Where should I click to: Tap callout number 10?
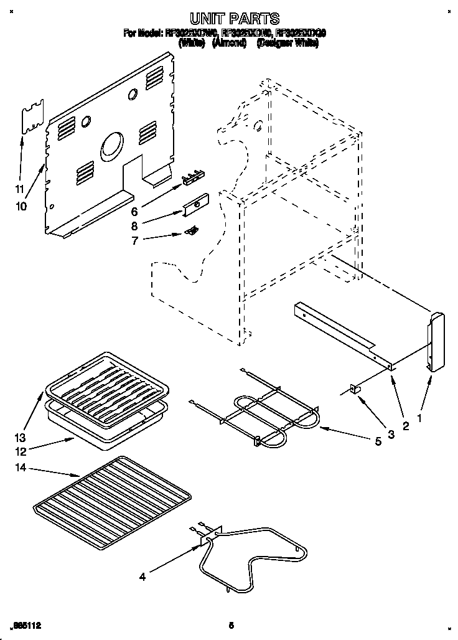tap(21, 206)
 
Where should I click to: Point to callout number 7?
tap(136, 240)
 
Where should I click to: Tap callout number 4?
tap(143, 577)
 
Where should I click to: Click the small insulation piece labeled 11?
tap(34, 117)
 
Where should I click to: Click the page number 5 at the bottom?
tap(231, 624)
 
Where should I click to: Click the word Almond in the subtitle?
tap(229, 43)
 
